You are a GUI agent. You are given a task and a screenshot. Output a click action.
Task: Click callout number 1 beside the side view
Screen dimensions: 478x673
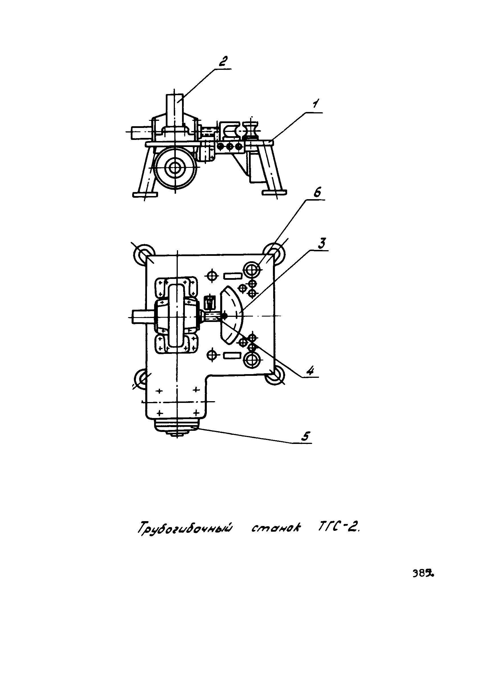(316, 104)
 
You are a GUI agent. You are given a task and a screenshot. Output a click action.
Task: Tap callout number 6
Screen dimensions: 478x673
(317, 193)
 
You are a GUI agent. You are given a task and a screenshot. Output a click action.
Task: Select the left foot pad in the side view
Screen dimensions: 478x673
(145, 194)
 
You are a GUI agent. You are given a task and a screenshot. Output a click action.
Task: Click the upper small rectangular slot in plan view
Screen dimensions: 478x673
(233, 276)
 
